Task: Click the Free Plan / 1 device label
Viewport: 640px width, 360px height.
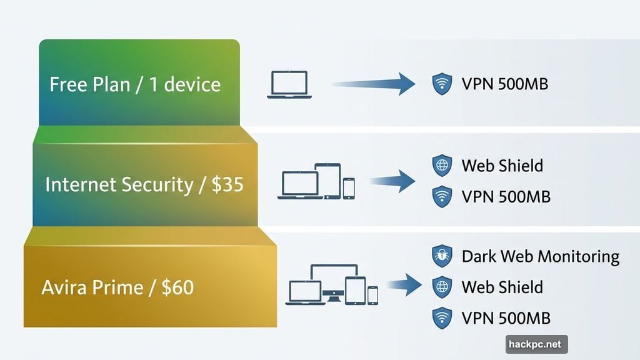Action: click(x=135, y=84)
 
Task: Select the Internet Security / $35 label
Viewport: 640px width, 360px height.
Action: click(x=144, y=184)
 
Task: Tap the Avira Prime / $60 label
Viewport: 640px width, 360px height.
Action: click(x=117, y=287)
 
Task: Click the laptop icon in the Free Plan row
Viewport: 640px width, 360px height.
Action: click(x=288, y=84)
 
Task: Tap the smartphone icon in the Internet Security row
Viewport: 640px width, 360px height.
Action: click(x=349, y=188)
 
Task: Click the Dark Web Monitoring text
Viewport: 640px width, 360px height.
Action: click(x=540, y=256)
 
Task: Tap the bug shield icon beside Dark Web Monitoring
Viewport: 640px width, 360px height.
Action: click(x=442, y=256)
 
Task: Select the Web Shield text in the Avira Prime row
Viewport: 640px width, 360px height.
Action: click(x=502, y=287)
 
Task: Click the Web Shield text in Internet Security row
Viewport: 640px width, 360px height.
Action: click(x=502, y=166)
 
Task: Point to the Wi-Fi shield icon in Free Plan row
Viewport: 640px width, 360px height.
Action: click(x=442, y=84)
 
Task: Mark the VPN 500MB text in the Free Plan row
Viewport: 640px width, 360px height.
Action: click(x=504, y=84)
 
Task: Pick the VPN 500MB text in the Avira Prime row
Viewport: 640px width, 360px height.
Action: click(x=506, y=317)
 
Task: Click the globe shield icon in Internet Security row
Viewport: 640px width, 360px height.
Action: click(x=442, y=166)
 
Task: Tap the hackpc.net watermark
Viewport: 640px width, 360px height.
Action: click(x=536, y=344)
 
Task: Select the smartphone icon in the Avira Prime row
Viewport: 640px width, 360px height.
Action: click(x=372, y=295)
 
